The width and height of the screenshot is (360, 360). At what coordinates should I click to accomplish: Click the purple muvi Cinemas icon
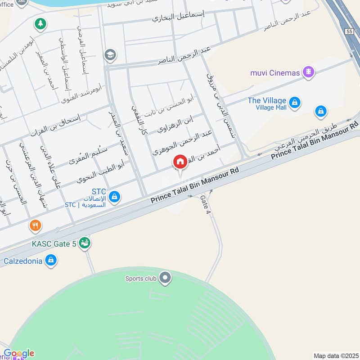click(x=308, y=72)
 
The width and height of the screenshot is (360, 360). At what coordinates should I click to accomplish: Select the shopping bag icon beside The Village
click(x=294, y=103)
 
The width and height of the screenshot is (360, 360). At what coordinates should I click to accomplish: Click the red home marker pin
click(x=180, y=162)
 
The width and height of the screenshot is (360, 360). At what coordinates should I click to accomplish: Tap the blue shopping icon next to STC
click(x=115, y=197)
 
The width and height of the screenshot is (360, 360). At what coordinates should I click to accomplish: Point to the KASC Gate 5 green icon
click(x=84, y=243)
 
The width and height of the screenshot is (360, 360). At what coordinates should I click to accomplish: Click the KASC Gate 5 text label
click(x=54, y=244)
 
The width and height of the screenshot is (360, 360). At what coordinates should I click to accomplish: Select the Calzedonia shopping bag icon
click(x=51, y=260)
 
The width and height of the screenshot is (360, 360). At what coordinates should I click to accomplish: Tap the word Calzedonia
click(x=23, y=261)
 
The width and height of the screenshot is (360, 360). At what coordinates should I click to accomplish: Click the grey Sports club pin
click(x=165, y=278)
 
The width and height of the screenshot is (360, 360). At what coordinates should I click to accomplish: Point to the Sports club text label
click(x=140, y=279)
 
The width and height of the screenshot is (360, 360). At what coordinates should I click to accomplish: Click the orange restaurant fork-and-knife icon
click(x=36, y=225)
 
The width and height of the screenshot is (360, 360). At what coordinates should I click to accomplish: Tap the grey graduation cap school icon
click(x=109, y=55)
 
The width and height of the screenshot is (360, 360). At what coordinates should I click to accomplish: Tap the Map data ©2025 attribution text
click(x=336, y=355)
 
